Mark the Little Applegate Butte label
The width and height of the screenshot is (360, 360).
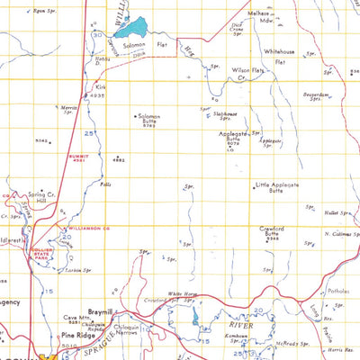275,187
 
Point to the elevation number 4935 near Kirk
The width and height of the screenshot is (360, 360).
100,94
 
